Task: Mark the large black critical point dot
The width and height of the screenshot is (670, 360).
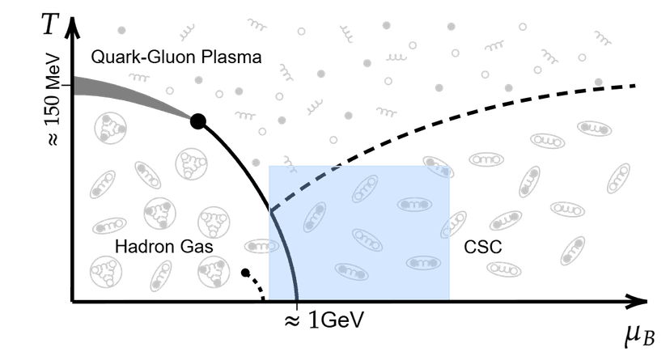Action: tap(197, 123)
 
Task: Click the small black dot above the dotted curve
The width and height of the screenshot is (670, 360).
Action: tap(244, 272)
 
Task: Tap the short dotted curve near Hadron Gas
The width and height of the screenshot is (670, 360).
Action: tap(258, 286)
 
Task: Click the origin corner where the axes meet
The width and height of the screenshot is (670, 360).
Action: tap(73, 301)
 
